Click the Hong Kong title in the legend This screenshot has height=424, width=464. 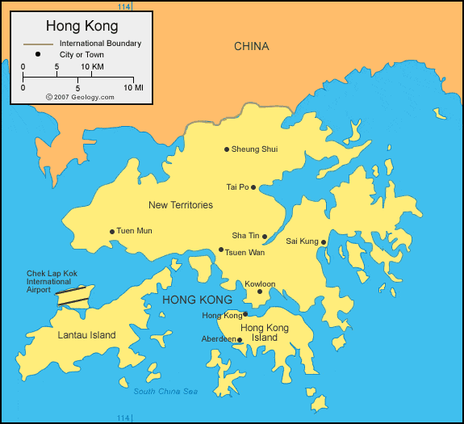pyautogui.click(x=82, y=26)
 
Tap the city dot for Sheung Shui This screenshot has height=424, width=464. pyautogui.click(x=227, y=149)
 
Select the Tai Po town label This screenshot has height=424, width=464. pyautogui.click(x=237, y=187)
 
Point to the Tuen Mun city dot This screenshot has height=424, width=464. pyautogui.click(x=112, y=232)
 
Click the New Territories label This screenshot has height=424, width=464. pyautogui.click(x=181, y=205)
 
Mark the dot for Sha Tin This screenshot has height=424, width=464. pyautogui.click(x=265, y=237)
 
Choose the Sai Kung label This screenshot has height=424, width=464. pyautogui.click(x=302, y=241)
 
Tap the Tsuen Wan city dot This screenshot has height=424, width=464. pyautogui.click(x=221, y=250)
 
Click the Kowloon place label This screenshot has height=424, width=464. pyautogui.click(x=260, y=284)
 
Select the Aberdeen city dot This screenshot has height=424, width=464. pyautogui.click(x=240, y=340)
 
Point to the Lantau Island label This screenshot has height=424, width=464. pyautogui.click(x=86, y=335)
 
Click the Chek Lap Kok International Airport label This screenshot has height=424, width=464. pyautogui.click(x=48, y=281)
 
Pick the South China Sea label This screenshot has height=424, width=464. pyautogui.click(x=165, y=392)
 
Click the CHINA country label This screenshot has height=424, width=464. pyautogui.click(x=252, y=46)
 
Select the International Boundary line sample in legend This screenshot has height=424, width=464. pyautogui.click(x=38, y=43)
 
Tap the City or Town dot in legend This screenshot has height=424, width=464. pyautogui.click(x=38, y=55)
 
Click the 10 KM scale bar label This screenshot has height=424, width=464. pyautogui.click(x=92, y=66)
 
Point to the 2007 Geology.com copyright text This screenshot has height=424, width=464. pyautogui.click(x=80, y=96)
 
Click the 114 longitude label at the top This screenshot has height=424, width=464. pyautogui.click(x=123, y=6)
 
